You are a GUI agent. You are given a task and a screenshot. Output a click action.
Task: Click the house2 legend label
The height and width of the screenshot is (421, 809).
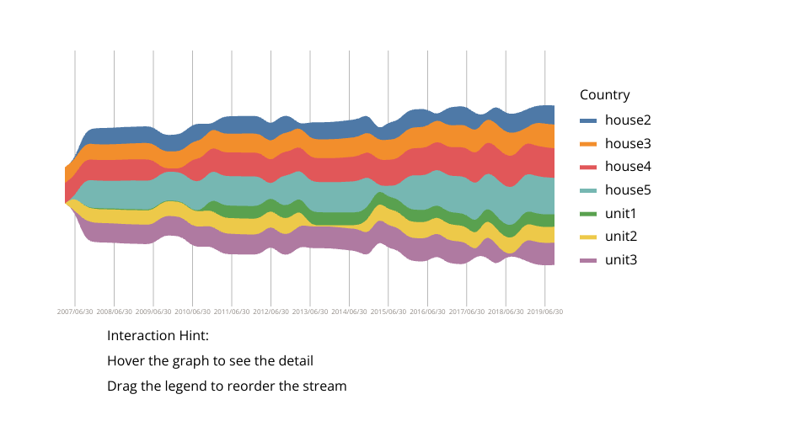[628, 120]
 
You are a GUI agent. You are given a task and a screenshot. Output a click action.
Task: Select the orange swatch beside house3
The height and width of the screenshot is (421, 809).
[588, 144]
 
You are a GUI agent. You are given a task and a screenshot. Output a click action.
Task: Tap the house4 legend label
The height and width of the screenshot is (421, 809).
[628, 167]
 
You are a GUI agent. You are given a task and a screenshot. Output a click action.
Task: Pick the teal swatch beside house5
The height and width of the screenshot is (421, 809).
[588, 190]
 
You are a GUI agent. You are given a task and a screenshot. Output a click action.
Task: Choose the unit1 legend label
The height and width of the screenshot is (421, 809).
[621, 213]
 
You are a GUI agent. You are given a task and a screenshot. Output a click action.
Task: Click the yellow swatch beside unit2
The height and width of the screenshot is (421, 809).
[588, 237]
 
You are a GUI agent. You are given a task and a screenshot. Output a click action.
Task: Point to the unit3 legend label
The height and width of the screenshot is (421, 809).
[621, 259]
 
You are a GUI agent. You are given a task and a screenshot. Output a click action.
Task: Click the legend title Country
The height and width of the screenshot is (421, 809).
[604, 95]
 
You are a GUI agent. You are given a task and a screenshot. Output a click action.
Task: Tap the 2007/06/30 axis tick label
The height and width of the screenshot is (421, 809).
[75, 312]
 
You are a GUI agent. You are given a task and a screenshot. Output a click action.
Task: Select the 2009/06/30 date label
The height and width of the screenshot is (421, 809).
[153, 312]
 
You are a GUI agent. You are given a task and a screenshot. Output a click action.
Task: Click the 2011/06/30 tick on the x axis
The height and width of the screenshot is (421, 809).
[232, 312]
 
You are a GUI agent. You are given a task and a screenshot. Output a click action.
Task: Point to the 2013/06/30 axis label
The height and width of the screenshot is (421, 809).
[309, 312]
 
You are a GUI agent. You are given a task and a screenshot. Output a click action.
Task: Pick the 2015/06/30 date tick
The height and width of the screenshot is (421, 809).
[388, 312]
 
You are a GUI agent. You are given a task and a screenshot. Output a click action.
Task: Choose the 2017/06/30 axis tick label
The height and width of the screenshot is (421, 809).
[466, 312]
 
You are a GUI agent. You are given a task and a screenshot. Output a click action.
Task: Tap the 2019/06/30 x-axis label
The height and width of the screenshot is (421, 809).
[544, 312]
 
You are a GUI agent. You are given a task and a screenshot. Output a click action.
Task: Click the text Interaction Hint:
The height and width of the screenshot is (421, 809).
[158, 336]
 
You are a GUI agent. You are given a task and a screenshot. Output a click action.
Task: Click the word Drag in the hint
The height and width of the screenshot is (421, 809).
[122, 386]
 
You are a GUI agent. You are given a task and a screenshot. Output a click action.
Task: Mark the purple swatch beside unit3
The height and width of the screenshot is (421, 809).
[588, 259]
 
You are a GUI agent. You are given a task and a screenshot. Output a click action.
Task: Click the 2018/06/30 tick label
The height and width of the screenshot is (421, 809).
[506, 312]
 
